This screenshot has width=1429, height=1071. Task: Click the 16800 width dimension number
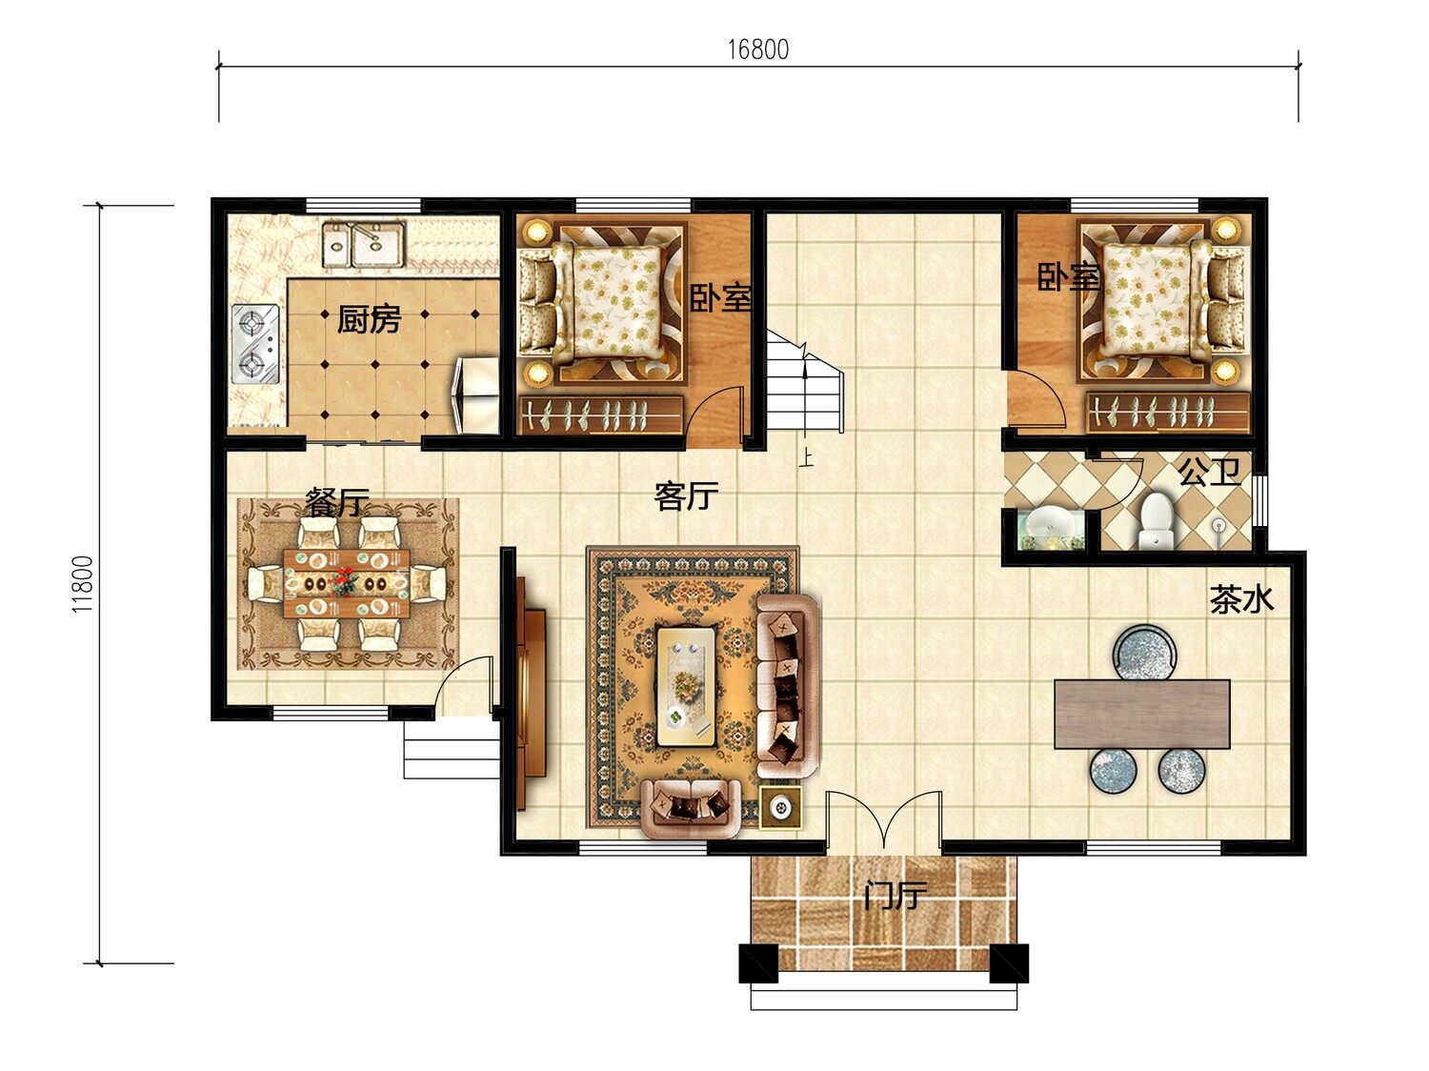[757, 50]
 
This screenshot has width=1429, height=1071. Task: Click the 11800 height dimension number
[83, 584]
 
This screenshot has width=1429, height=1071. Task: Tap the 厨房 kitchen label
[369, 319]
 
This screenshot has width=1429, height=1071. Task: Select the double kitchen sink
[364, 244]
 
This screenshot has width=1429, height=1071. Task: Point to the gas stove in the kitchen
[256, 344]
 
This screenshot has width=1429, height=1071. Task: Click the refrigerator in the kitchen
[476, 394]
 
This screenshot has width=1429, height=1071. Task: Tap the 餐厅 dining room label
[337, 502]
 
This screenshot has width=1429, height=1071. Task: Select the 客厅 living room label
[686, 496]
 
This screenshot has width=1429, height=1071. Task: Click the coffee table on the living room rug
[686, 685]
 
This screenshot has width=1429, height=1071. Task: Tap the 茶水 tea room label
[1241, 599]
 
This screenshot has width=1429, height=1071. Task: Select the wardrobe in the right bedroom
[1167, 413]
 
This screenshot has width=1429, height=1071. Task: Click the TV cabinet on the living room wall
[530, 694]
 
